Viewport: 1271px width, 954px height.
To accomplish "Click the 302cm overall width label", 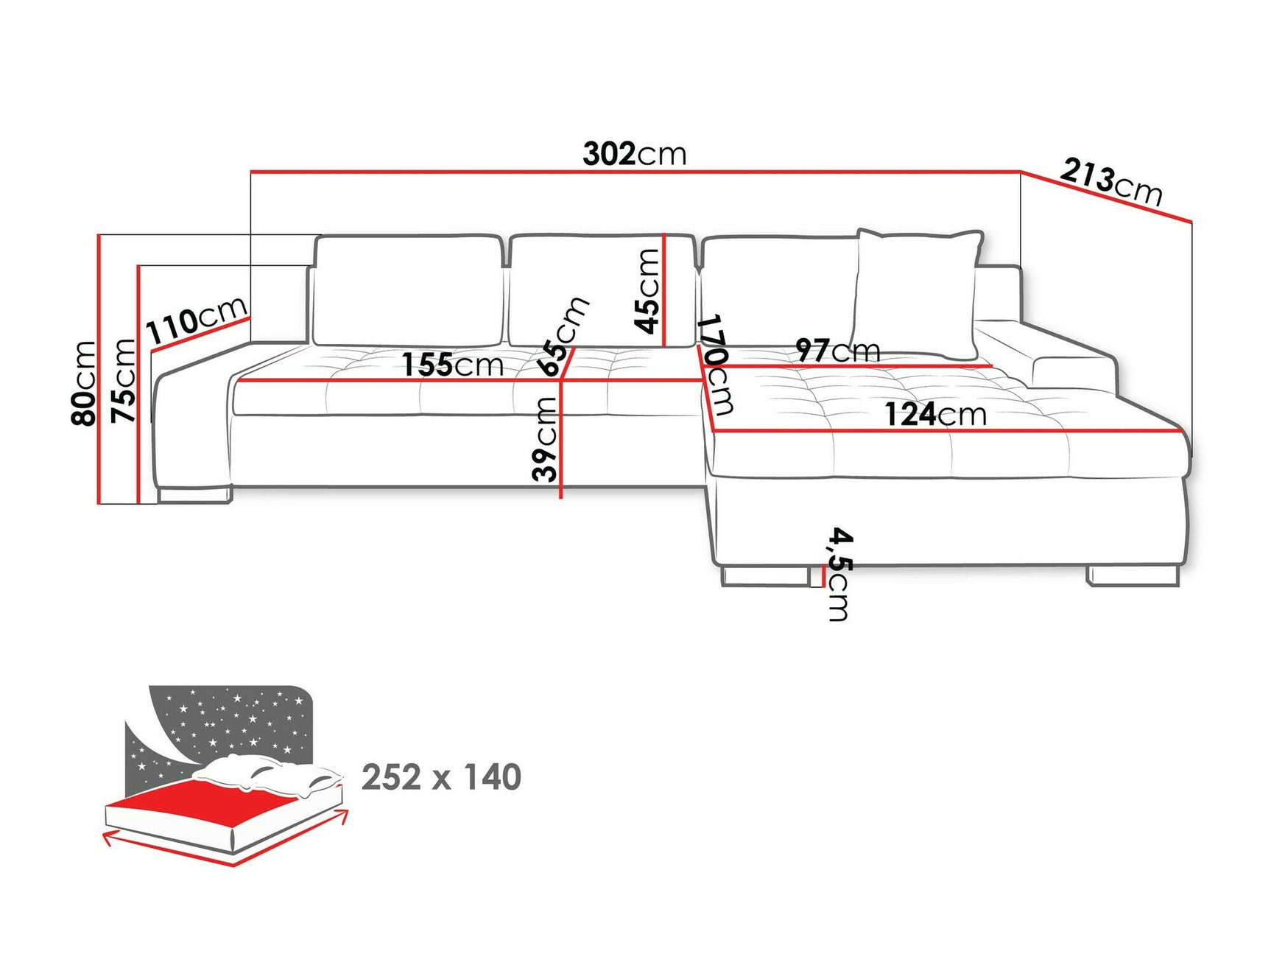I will coord(634,154).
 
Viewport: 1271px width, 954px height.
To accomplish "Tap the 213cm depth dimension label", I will coord(1110,183).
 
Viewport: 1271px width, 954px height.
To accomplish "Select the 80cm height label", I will coord(84,383).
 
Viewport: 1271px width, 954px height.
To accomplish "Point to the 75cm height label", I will coord(124,381).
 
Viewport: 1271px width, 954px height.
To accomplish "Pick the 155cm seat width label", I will coord(452,365).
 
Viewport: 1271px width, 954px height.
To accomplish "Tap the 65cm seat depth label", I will coord(563,336).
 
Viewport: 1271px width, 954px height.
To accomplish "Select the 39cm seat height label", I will coord(545,439).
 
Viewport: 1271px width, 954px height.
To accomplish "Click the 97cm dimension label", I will coord(837,351).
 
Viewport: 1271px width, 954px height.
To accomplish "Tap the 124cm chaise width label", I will coord(935,415).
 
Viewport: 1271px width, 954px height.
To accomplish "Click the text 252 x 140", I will coord(441,777).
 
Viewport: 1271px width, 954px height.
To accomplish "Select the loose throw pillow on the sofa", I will coord(917,291).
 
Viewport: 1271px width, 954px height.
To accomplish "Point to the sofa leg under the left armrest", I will coord(194,494).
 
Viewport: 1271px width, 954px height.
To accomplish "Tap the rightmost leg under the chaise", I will coord(1133,575).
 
